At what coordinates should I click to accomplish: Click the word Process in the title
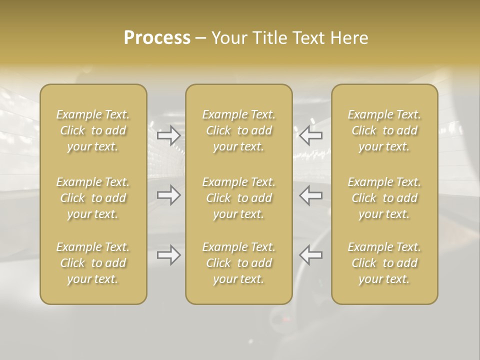coord(157,38)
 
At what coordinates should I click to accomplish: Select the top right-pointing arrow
coord(169,135)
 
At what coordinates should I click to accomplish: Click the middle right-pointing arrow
coord(169,195)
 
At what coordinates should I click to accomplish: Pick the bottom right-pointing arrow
coord(169,255)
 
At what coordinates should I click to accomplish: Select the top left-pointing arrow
coord(311,135)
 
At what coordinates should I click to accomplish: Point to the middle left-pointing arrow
coord(311,195)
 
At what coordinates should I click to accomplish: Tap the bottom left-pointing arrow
coord(311,255)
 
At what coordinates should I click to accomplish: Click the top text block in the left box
coord(93,130)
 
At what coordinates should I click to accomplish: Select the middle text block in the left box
coord(93,198)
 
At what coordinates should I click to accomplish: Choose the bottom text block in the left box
coord(93,263)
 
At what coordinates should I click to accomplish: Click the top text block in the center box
coord(239,130)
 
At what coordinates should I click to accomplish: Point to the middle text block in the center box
coord(239,198)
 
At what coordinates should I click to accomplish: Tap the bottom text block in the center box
coord(239,263)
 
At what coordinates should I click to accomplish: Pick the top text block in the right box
coord(384,130)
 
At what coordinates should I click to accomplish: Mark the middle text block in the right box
coord(384,198)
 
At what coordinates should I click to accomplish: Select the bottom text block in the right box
coord(384,263)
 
